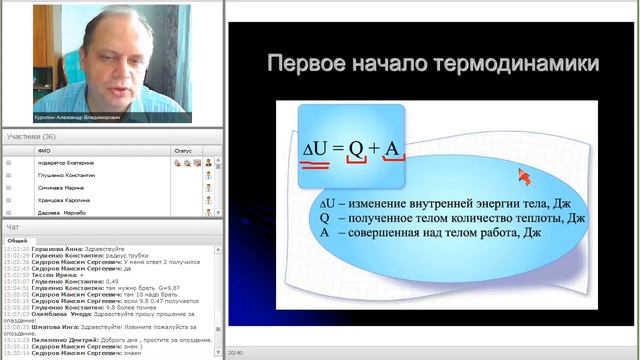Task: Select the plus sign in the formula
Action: [x=374, y=150]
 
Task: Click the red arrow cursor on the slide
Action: [x=522, y=176]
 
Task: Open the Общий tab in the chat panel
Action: [x=18, y=241]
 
